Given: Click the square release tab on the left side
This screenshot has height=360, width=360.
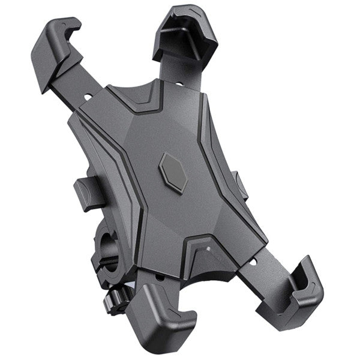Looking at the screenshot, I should coord(86,192).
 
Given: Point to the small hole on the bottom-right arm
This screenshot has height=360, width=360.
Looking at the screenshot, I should coord(253,262).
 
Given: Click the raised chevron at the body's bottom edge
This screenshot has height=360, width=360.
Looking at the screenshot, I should coord(207,246).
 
